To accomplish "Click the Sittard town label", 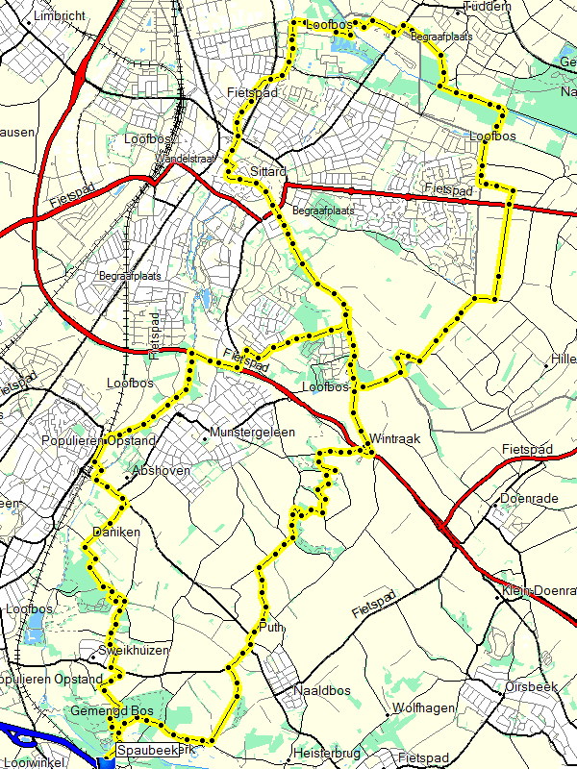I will pyautogui.click(x=268, y=171).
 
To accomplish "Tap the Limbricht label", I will pyautogui.click(x=59, y=16).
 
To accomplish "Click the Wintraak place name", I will pyautogui.click(x=395, y=438).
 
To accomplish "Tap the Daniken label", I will pyautogui.click(x=116, y=532).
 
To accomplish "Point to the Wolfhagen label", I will pyautogui.click(x=423, y=708).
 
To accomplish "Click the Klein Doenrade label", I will pyautogui.click(x=539, y=590).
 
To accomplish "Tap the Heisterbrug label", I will pyautogui.click(x=330, y=754).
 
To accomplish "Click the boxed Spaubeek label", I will pyautogui.click(x=147, y=749).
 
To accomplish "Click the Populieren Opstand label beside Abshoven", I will pyautogui.click(x=98, y=440).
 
